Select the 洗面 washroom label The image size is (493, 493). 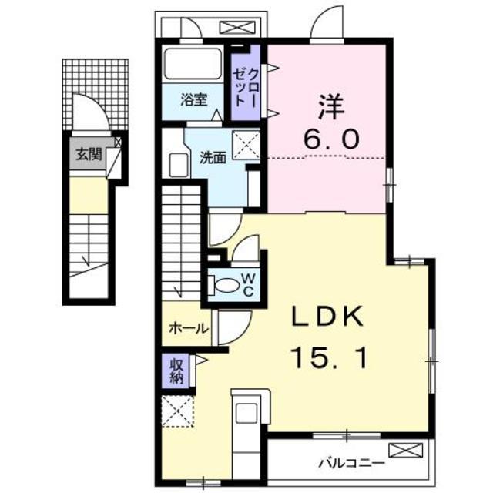[x=213, y=157]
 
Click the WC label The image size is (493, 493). [x=249, y=284]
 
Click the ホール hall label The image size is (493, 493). [x=189, y=328]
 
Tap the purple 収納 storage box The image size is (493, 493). [x=176, y=370]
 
